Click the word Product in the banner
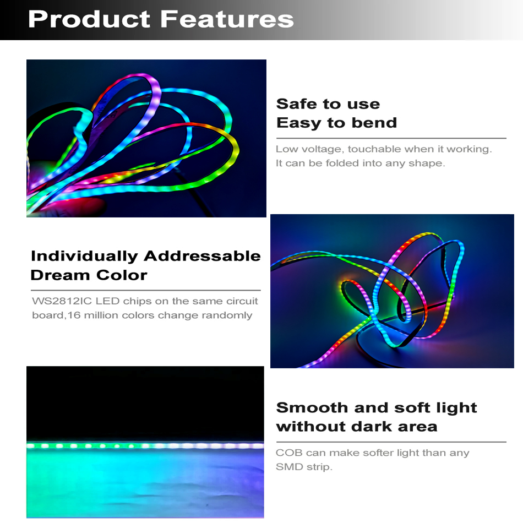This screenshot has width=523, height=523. [89, 19]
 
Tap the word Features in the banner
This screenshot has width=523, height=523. [227, 19]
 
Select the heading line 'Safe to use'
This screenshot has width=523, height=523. [328, 103]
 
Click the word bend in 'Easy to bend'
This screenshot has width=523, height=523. [374, 122]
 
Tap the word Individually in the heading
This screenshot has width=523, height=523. [84, 257]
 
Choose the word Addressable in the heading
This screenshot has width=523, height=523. [202, 256]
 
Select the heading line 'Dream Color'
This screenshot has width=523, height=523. [89, 275]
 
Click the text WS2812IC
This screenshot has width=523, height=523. [62, 301]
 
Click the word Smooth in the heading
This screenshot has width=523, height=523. [312, 407]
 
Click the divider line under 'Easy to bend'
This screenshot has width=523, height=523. [391, 138]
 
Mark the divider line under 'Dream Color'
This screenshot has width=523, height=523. [146, 291]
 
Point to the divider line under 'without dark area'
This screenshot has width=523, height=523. [391, 442]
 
